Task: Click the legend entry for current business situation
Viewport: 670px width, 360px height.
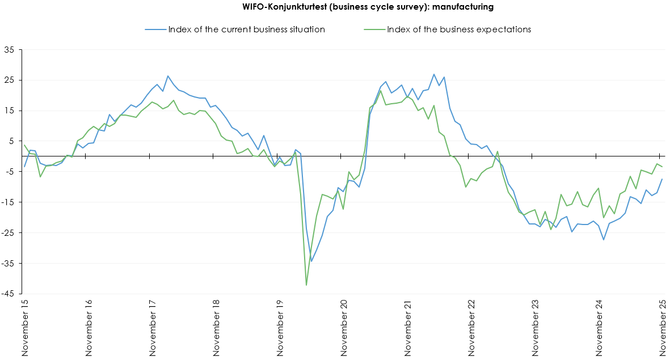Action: (x=246, y=29)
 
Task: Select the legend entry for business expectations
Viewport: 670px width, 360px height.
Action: (x=458, y=29)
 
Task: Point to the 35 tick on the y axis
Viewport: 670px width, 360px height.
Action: (x=9, y=50)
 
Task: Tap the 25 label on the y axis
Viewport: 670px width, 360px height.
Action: (x=9, y=81)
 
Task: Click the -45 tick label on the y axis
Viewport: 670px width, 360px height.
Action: (x=7, y=294)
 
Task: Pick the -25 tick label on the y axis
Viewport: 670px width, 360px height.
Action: (x=7, y=233)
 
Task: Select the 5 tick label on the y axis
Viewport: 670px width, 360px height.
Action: (x=11, y=141)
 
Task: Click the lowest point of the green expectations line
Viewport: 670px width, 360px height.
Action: (x=306, y=285)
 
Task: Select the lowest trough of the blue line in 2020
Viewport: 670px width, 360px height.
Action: (x=311, y=261)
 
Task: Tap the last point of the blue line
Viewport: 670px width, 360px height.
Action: (x=662, y=179)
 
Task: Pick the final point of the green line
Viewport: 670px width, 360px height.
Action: (x=662, y=167)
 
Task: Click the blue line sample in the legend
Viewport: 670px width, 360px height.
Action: (x=155, y=29)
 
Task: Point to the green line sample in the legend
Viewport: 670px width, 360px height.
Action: (x=374, y=29)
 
